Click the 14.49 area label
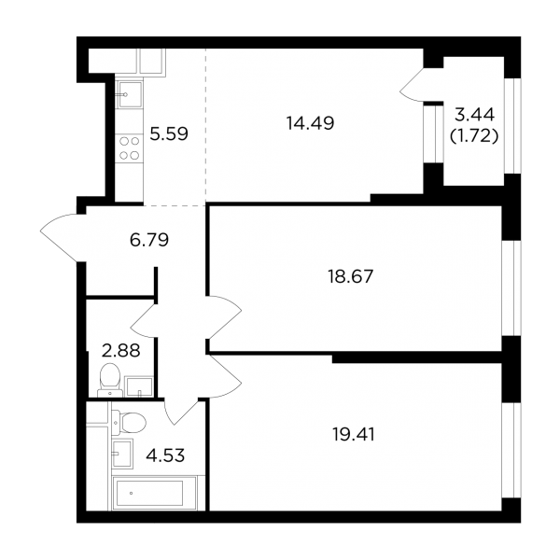point(310,123)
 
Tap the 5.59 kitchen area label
point(169,133)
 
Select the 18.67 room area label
point(350,276)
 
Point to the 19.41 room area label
point(353,435)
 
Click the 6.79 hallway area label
point(149,240)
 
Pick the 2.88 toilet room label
point(120,351)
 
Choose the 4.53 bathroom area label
point(165,455)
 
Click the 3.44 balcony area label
point(475,115)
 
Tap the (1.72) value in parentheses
point(474,135)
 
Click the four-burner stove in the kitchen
point(130,148)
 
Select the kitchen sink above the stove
point(129,94)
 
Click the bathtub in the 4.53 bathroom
point(154,493)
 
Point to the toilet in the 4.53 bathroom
point(129,423)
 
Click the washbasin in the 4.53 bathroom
point(122,454)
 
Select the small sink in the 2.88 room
point(138,386)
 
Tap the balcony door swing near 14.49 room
point(412,85)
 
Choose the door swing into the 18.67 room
point(225,317)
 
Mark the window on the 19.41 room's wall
point(511,451)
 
